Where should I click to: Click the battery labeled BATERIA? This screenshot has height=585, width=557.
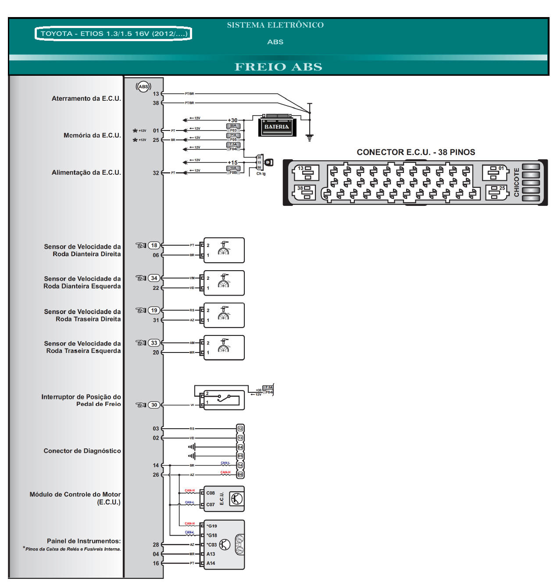[277, 127]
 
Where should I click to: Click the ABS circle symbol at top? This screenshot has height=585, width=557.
[143, 86]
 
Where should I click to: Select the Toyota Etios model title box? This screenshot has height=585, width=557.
[114, 34]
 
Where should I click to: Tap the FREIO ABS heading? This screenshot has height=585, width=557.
[278, 67]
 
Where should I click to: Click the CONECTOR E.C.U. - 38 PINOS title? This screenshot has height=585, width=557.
[416, 152]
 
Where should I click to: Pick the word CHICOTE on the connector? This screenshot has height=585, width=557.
[517, 182]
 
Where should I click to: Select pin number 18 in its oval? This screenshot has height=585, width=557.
[154, 246]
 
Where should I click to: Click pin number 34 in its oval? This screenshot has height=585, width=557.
[154, 278]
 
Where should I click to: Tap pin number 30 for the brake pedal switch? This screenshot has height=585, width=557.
[154, 405]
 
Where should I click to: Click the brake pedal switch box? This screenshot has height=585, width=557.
[224, 400]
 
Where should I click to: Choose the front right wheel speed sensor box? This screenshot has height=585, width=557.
[224, 250]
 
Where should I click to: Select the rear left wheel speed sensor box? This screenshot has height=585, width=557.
[224, 348]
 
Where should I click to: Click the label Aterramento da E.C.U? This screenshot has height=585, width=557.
[86, 99]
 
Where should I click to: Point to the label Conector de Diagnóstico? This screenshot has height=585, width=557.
[82, 451]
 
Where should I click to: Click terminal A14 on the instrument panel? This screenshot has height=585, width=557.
[211, 564]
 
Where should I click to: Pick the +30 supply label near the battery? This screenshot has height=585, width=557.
[232, 120]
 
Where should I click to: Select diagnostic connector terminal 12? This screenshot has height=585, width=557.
[240, 429]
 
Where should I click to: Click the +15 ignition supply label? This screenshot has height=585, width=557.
[232, 162]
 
